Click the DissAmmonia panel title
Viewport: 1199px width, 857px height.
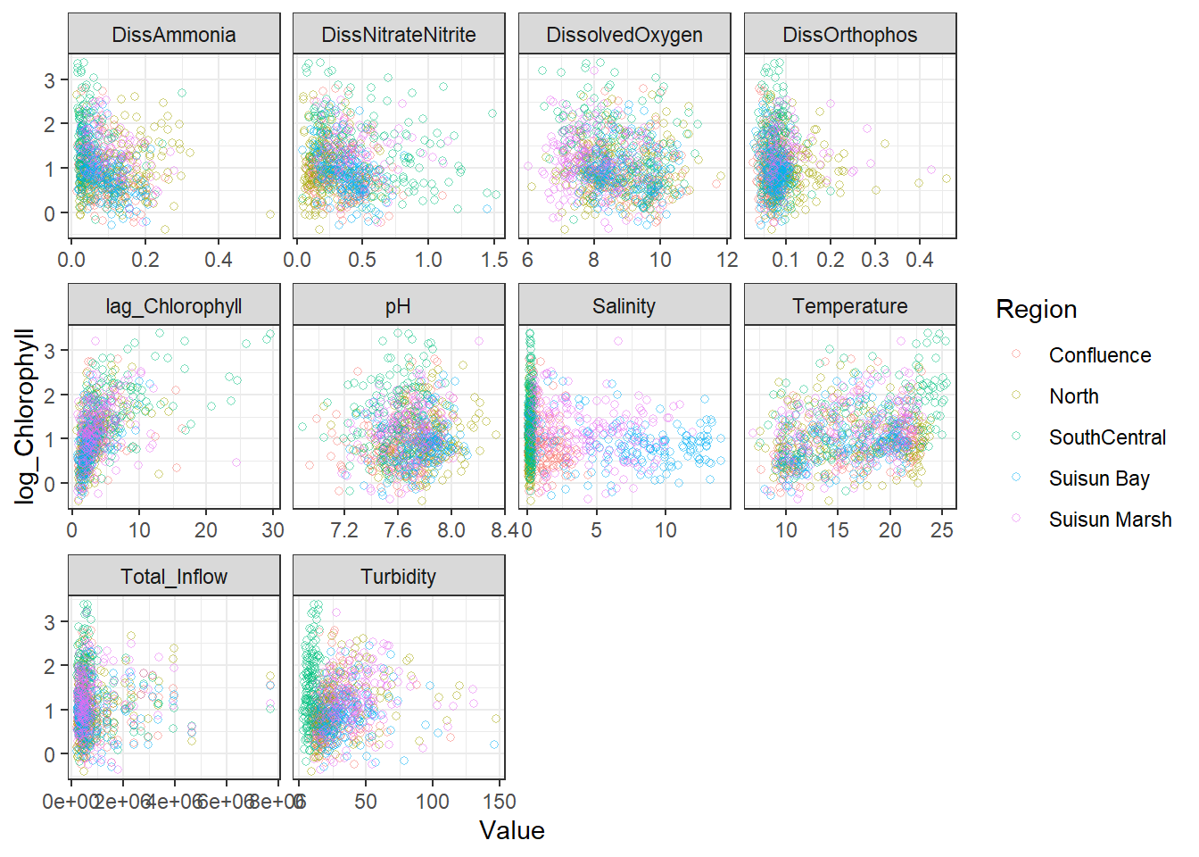174,35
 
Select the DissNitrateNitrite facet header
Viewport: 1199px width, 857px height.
399,35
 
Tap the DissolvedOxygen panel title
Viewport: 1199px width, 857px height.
624,35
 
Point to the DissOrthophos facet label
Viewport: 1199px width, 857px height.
850,35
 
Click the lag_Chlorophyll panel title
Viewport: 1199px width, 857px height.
174,306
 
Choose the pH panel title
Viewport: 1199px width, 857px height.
399,306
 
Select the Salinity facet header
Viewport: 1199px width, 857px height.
624,306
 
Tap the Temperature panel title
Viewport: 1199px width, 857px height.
850,306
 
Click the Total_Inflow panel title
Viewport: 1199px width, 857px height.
174,577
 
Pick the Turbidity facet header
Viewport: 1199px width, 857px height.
399,577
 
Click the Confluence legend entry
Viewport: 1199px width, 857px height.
1099,355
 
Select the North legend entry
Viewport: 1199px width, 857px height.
1073,396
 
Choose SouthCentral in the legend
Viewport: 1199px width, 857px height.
1107,437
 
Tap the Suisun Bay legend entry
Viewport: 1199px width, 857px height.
1099,478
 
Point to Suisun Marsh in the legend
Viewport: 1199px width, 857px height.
1110,520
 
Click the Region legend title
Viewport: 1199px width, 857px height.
1037,310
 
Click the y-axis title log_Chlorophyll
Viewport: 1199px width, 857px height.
25,416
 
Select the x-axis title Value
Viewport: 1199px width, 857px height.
512,831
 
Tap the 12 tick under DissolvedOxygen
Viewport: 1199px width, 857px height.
728,260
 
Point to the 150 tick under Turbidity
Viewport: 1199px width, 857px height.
500,802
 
